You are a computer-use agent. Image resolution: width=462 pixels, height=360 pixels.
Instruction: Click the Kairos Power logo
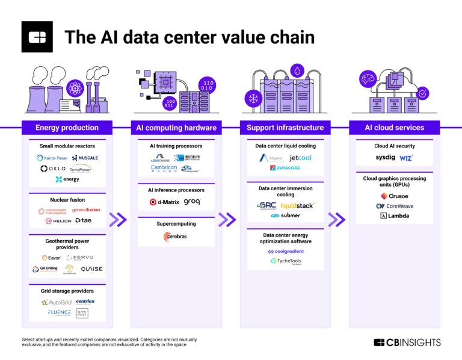tap(52, 158)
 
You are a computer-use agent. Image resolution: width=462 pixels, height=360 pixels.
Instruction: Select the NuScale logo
tap(84, 158)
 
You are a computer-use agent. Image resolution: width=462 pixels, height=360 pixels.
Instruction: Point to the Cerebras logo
tap(175, 237)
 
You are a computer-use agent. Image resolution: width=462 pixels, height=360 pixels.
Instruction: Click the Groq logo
tap(192, 202)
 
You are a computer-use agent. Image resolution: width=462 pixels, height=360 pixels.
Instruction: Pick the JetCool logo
tap(301, 158)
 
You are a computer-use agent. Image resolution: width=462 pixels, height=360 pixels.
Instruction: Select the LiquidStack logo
tap(298, 205)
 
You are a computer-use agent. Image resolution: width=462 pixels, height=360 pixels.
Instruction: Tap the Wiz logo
tap(407, 158)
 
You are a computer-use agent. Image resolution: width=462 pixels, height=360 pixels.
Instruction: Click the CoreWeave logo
tap(395, 206)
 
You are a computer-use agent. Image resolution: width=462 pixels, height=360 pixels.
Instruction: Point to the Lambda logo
tap(395, 216)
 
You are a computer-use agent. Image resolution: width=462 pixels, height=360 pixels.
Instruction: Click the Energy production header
tap(67, 128)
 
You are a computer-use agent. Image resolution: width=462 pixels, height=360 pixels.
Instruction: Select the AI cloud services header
tap(395, 128)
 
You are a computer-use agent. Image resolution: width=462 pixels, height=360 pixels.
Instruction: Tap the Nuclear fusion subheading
tap(67, 200)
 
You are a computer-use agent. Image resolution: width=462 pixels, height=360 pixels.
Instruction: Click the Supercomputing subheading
tap(176, 224)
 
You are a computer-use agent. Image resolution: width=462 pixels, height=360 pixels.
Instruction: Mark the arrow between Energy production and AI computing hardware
tap(120, 220)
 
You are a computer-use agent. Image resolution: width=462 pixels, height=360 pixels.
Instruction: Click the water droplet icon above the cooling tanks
tap(296, 70)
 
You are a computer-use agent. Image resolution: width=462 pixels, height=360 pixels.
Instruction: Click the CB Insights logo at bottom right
tap(407, 343)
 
